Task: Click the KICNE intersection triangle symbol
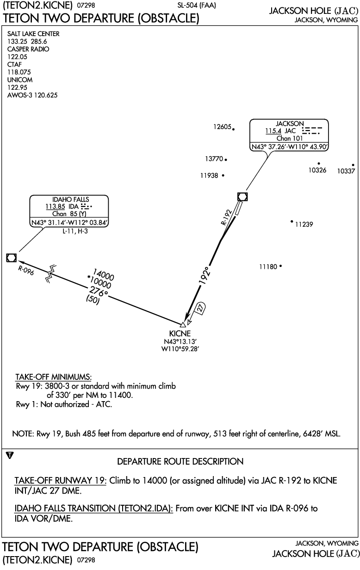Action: [183, 325]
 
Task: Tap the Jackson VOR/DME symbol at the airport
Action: [242, 197]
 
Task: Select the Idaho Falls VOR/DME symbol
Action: [12, 258]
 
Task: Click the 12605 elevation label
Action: [222, 127]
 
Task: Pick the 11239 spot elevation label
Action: [304, 224]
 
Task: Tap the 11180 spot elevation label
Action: [268, 266]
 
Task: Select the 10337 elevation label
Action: [346, 171]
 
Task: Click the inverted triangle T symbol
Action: [11, 456]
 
